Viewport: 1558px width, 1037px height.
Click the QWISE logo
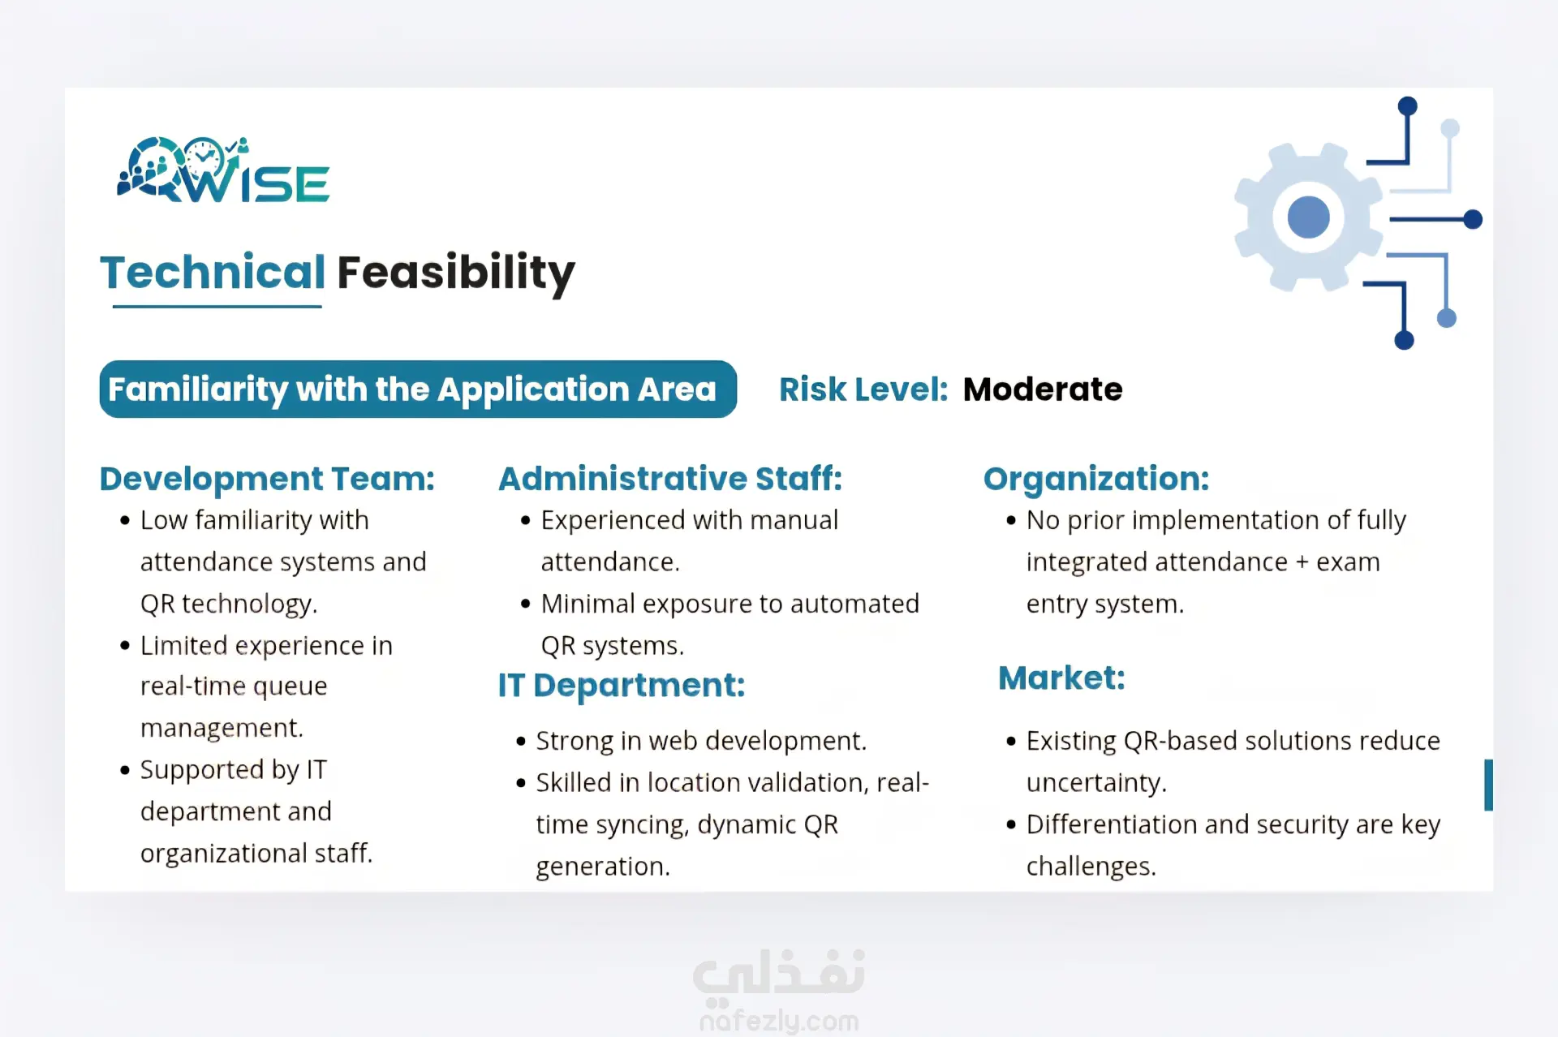tap(223, 170)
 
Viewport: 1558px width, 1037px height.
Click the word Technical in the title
tap(213, 272)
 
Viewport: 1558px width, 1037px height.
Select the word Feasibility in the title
tap(456, 273)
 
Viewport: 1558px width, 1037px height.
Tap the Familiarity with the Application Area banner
tap(418, 389)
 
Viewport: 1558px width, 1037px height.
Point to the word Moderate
tap(1043, 389)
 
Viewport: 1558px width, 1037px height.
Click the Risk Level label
tap(863, 389)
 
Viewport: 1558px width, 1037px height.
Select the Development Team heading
tap(267, 479)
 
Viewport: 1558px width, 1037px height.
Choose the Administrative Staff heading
tap(670, 479)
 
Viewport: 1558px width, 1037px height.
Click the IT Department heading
tap(622, 686)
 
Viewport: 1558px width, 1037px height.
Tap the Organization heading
tap(1096, 479)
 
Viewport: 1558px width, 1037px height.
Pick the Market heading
tap(1061, 678)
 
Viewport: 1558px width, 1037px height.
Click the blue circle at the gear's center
tap(1308, 217)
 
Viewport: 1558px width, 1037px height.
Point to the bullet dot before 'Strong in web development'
tap(521, 741)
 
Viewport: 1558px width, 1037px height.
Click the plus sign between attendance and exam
tap(1302, 562)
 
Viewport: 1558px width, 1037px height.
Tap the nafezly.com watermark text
tap(779, 1021)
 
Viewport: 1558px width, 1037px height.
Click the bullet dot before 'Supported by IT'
tap(125, 770)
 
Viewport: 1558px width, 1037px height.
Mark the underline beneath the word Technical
tap(217, 306)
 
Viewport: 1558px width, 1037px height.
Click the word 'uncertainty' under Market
tap(1096, 783)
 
